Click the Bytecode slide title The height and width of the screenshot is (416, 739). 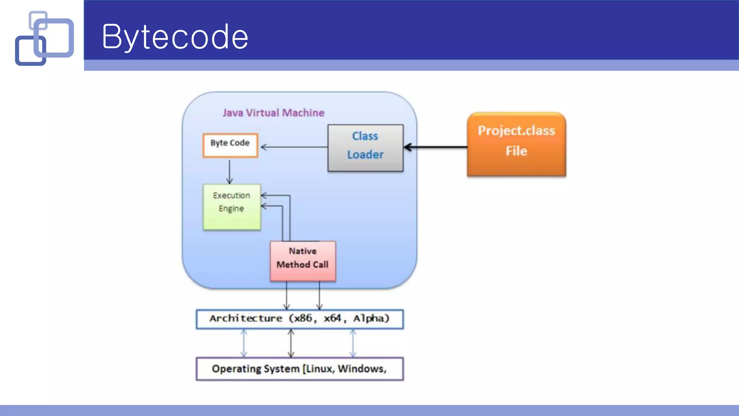175,36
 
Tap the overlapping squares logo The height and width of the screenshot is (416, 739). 44,38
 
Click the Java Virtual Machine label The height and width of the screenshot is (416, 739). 273,113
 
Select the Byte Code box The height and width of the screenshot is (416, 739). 230,145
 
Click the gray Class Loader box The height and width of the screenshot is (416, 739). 365,148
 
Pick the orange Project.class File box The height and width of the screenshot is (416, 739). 516,144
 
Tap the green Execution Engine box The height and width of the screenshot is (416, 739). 232,207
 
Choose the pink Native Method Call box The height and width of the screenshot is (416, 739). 303,261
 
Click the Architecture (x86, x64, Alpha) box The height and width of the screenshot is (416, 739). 299,319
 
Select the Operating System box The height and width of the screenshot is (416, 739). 299,369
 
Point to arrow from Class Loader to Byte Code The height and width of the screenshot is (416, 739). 294,147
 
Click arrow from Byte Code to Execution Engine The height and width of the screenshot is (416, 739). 229,172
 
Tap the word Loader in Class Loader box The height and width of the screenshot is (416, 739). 365,155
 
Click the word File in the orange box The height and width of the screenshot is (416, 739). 516,151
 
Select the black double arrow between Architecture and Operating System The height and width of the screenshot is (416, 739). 291,343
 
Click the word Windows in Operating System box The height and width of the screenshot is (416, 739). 361,369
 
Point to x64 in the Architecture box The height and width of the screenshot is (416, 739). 332,318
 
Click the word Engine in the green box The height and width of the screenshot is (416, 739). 231,209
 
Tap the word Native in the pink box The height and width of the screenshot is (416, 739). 302,251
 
